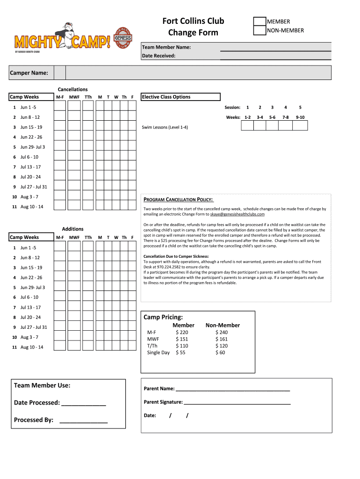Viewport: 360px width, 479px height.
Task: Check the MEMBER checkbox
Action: pos(259,22)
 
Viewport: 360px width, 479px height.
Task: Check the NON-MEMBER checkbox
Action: pos(259,31)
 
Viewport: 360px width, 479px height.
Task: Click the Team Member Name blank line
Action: pos(275,47)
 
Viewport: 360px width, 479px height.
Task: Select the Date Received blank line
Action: pos(275,56)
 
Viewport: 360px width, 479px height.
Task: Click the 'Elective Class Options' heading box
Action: pos(180,97)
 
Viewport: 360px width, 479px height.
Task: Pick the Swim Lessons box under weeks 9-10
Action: pos(300,125)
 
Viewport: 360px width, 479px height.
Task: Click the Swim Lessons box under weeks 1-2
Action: pos(248,125)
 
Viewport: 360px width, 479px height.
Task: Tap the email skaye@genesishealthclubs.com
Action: pos(237,214)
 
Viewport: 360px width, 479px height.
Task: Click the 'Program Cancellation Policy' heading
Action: pos(178,200)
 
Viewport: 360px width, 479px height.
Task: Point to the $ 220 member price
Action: pos(182,333)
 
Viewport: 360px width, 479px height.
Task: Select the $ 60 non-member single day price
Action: pos(220,353)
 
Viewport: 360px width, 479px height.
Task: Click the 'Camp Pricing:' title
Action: pos(163,317)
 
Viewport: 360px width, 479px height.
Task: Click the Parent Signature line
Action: pos(237,402)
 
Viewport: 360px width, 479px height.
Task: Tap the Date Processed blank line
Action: pos(83,403)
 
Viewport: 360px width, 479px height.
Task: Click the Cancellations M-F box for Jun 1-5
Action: pos(59,107)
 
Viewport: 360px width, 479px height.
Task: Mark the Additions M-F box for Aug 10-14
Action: pos(59,347)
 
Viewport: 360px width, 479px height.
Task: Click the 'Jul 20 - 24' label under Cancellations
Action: pos(30,177)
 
